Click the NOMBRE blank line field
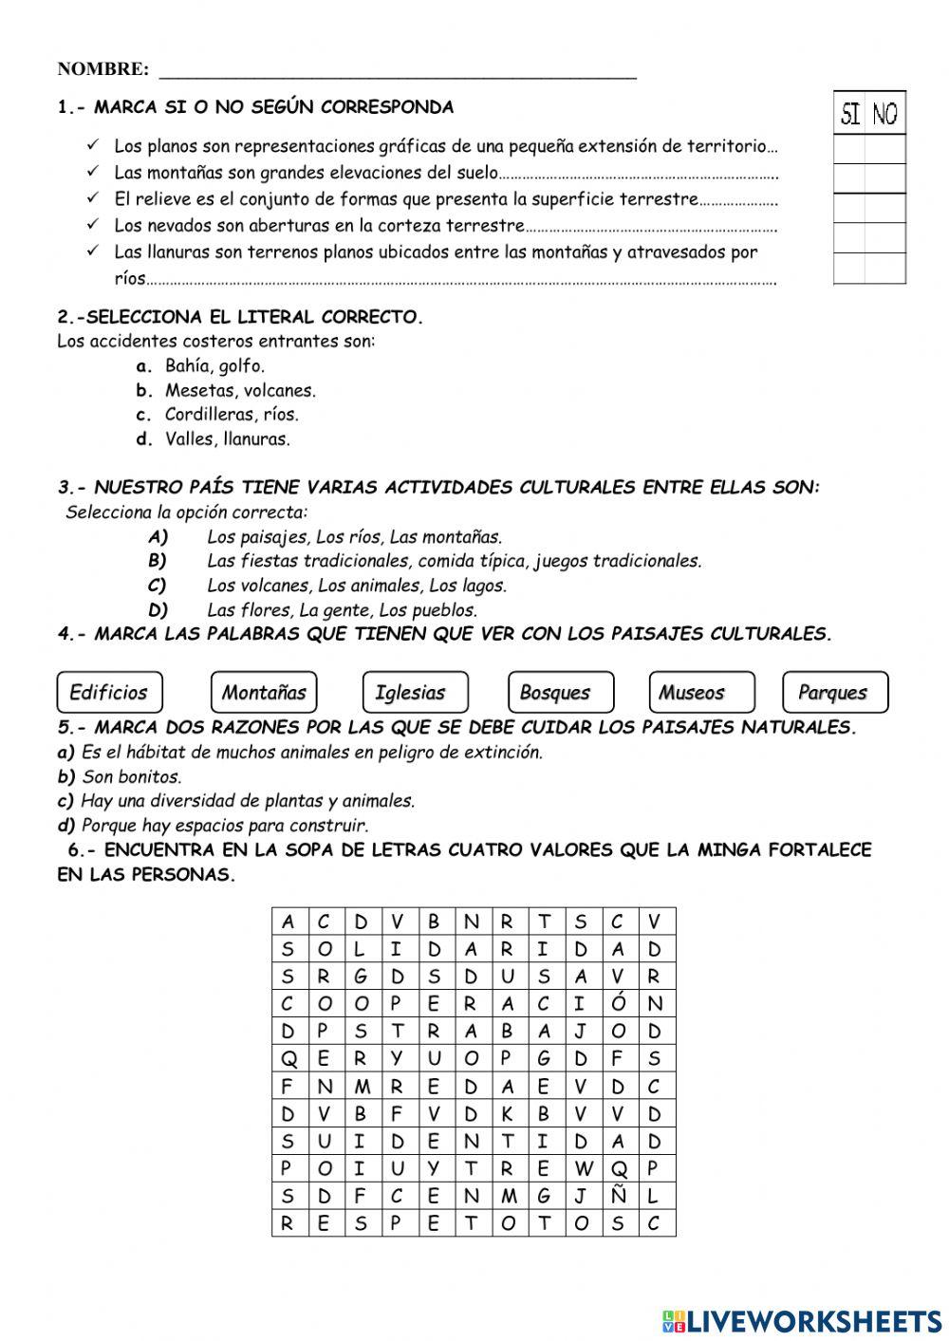click(x=398, y=70)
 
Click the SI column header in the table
click(x=850, y=115)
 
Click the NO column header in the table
click(x=885, y=115)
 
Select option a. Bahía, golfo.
click(x=214, y=365)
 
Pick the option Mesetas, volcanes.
click(x=240, y=390)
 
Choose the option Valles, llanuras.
click(x=227, y=439)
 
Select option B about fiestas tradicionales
click(x=454, y=561)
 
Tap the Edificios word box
click(x=109, y=692)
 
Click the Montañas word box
click(x=263, y=692)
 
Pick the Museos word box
click(x=701, y=692)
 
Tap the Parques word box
click(x=835, y=692)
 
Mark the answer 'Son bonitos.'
click(x=131, y=776)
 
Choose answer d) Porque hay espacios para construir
click(x=224, y=826)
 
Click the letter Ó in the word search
click(x=618, y=1003)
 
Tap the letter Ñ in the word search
click(x=618, y=1196)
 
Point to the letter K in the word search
click(x=507, y=1113)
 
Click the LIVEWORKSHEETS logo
click(x=802, y=1320)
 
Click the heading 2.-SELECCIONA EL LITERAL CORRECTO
click(x=240, y=317)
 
